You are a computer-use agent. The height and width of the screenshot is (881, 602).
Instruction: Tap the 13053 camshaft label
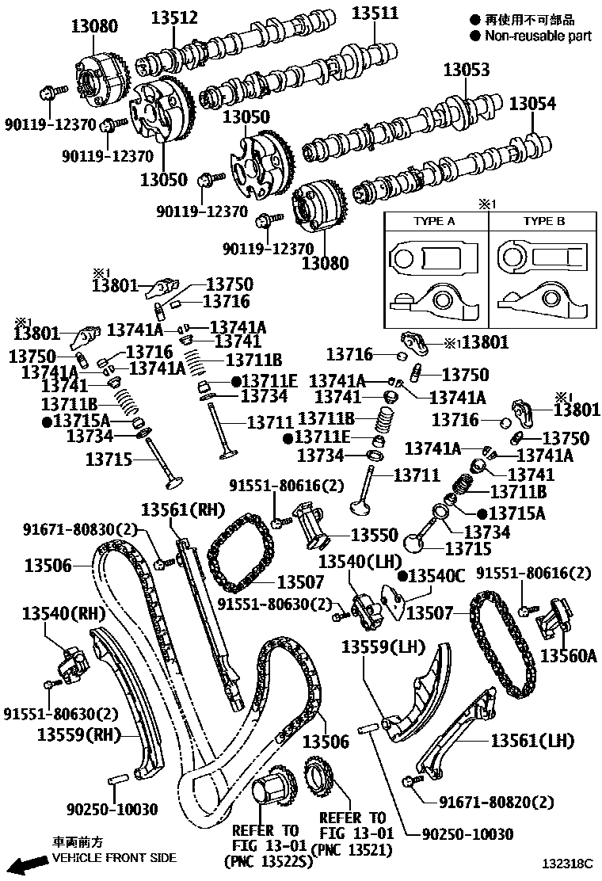tap(466, 71)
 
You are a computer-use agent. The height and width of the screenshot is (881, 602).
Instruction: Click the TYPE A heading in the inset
tap(434, 222)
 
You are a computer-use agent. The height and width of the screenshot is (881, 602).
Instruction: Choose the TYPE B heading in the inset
tap(543, 222)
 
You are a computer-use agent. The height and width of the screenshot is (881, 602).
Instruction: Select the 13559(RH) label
tap(75, 734)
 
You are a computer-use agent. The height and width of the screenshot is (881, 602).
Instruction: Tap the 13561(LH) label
tap(532, 741)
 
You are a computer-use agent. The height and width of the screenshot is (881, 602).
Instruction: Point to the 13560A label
tap(568, 656)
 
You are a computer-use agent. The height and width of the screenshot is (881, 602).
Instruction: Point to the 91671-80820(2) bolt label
tap(496, 802)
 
